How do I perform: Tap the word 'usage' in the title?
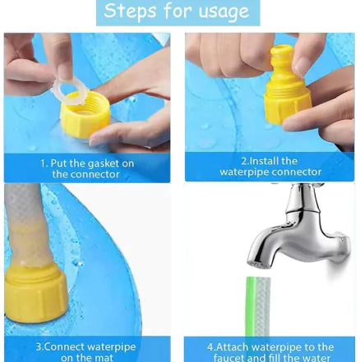coord(219,12)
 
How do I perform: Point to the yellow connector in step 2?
coord(287,86)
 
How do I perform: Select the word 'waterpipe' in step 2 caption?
coord(244,172)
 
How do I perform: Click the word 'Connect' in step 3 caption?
coord(63,346)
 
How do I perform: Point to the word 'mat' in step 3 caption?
coord(106,357)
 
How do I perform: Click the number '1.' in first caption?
coord(44,163)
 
